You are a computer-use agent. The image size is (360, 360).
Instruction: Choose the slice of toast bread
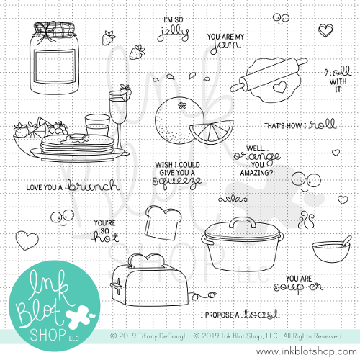[157, 221]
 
